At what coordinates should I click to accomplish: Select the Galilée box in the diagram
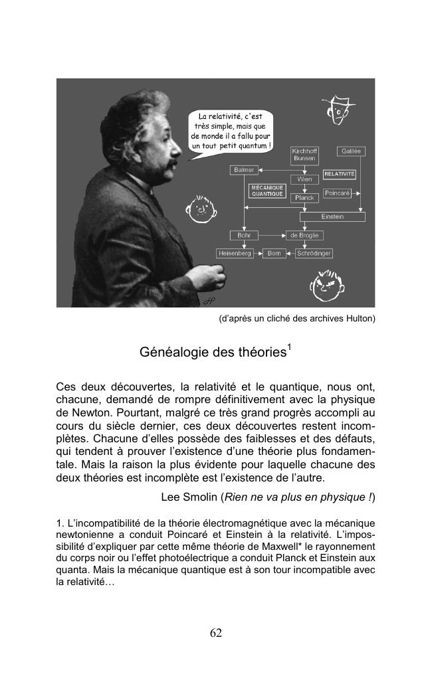pyautogui.click(x=351, y=151)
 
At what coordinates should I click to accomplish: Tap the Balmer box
pyautogui.click(x=243, y=170)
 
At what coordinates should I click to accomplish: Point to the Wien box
pyautogui.click(x=304, y=179)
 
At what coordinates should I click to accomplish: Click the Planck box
pyautogui.click(x=304, y=198)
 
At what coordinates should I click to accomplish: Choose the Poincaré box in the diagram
pyautogui.click(x=337, y=193)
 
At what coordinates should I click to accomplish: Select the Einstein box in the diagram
pyautogui.click(x=332, y=216)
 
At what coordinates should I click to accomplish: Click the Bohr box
pyautogui.click(x=243, y=235)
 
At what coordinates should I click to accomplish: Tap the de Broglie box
pyautogui.click(x=304, y=235)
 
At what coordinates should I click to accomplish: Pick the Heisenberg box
pyautogui.click(x=235, y=254)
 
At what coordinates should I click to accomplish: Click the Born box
pyautogui.click(x=273, y=254)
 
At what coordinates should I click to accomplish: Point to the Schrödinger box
pyautogui.click(x=314, y=254)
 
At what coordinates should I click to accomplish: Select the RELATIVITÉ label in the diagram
pyautogui.click(x=340, y=174)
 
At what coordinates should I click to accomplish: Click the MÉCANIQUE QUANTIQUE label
pyautogui.click(x=267, y=191)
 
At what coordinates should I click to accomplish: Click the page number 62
pyautogui.click(x=215, y=633)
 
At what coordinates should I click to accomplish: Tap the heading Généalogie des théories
pyautogui.click(x=212, y=352)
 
